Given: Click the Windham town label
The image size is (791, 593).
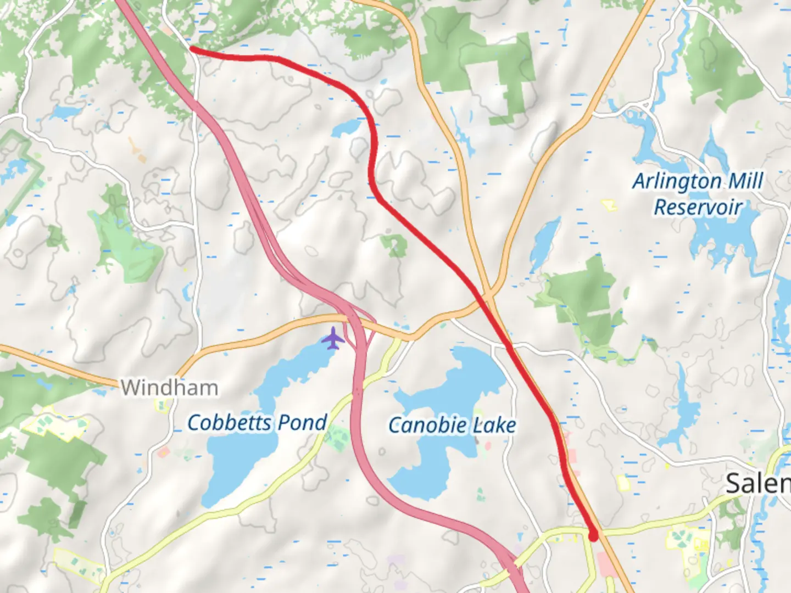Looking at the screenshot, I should (169, 388).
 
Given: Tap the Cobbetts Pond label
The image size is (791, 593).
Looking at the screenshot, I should (257, 423).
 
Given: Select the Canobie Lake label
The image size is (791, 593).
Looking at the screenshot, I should (452, 425).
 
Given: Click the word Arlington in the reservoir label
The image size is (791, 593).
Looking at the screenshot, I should (677, 181).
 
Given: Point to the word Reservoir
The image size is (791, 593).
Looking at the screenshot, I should (698, 208).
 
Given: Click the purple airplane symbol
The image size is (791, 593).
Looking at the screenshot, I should (333, 338).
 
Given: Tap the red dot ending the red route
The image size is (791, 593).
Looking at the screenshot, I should (593, 535).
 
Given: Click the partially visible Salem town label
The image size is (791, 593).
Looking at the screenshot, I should (758, 483).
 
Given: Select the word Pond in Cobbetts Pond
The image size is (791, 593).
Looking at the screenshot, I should (302, 423).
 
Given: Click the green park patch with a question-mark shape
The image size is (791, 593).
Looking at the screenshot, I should (394, 245).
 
